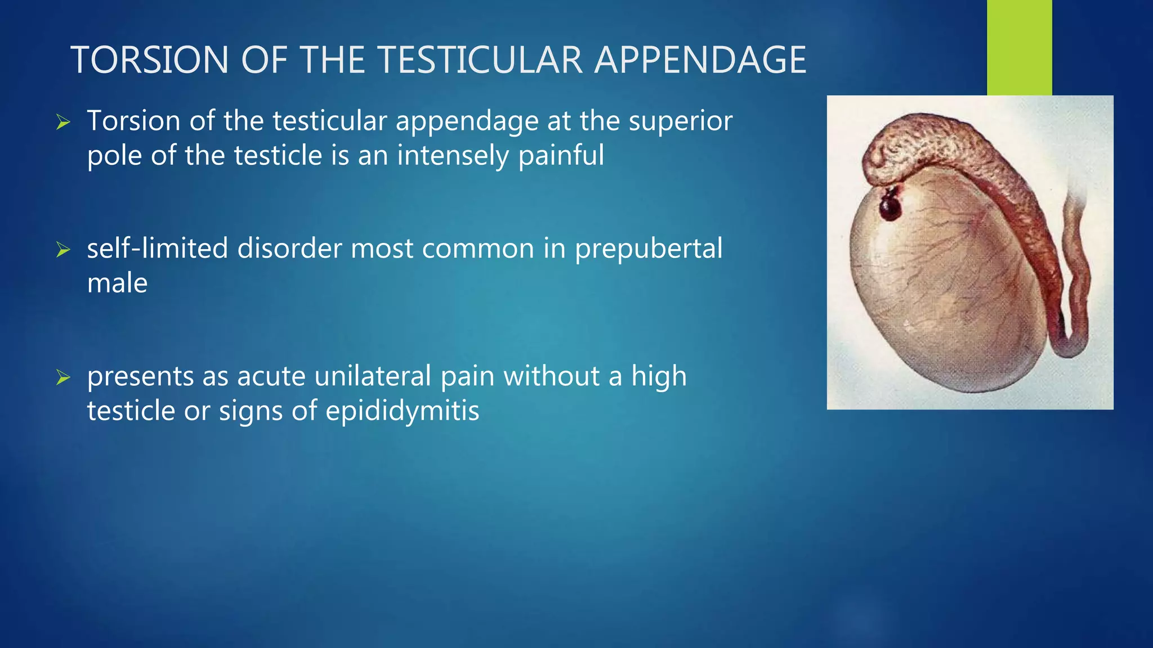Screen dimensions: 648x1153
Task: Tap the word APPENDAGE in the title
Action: (x=700, y=60)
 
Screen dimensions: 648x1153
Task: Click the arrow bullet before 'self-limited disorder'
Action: (x=63, y=249)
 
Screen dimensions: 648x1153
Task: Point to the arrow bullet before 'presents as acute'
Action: (x=63, y=377)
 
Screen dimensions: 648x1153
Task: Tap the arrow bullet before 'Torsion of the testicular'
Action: (x=63, y=122)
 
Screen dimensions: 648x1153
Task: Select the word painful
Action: (x=561, y=156)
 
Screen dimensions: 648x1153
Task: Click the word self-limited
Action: (x=157, y=249)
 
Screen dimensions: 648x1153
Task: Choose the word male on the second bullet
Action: (x=117, y=283)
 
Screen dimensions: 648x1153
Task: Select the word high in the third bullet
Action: (x=659, y=376)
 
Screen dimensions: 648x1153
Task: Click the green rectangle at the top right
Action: (x=1019, y=47)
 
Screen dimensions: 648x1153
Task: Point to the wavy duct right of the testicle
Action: (x=1078, y=281)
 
